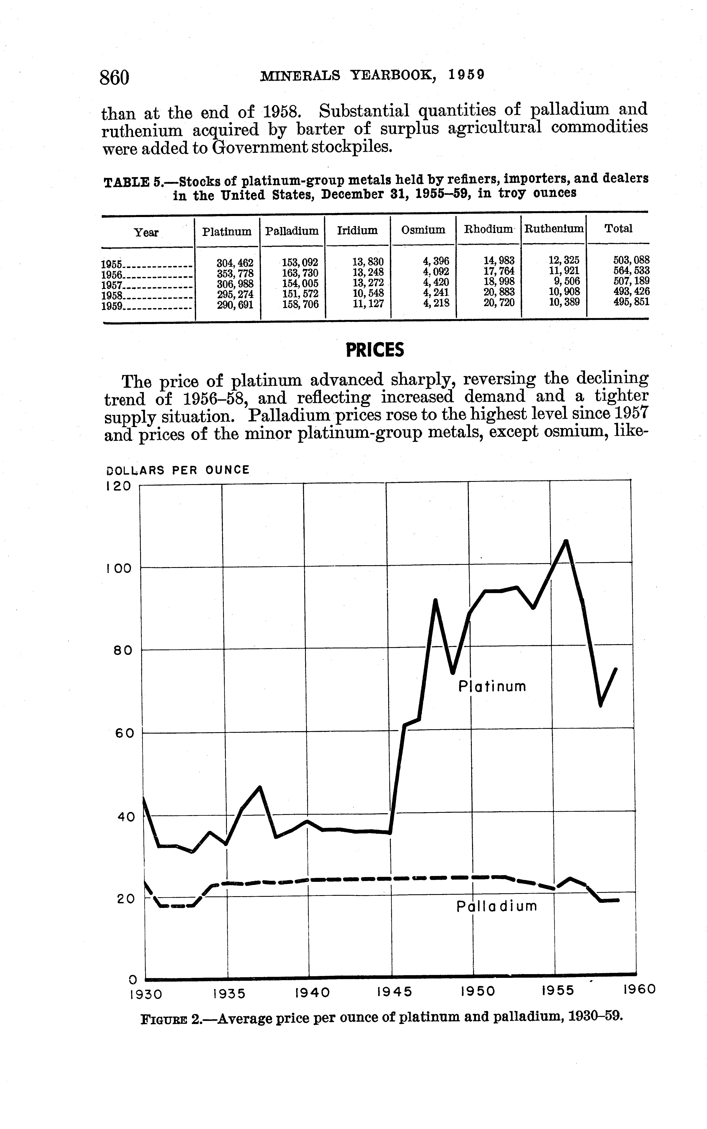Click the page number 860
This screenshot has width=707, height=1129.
click(114, 77)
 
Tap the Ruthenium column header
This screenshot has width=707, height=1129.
click(554, 229)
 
